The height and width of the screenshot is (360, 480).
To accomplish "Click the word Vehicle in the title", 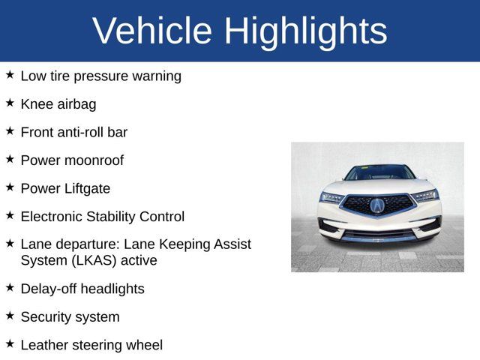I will tap(153, 31).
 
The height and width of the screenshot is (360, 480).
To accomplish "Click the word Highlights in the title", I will tap(305, 31).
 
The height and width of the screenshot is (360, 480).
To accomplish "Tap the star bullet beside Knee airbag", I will tap(10, 103).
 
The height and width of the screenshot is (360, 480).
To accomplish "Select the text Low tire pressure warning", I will tap(100, 76).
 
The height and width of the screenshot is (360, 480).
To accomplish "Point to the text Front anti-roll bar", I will tap(73, 132).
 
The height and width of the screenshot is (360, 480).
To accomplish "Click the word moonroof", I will tap(94, 160).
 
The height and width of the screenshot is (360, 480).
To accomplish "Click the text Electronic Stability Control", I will tap(102, 217).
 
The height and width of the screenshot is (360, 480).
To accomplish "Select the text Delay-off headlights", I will tap(82, 289).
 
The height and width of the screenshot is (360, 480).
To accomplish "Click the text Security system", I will tap(70, 317).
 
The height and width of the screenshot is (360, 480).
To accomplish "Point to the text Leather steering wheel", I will tap(91, 345).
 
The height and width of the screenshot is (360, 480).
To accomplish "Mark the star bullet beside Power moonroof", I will tap(10, 159).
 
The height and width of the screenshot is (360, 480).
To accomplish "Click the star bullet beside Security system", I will tap(10, 316).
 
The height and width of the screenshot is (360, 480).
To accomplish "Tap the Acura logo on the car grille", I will tap(377, 205).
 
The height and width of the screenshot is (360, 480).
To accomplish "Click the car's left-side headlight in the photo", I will tap(332, 197).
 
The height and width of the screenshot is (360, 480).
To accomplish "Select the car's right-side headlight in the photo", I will tap(424, 196).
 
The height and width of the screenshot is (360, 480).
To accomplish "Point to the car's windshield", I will tap(379, 172).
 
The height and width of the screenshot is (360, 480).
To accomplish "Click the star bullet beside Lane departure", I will tap(10, 243).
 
